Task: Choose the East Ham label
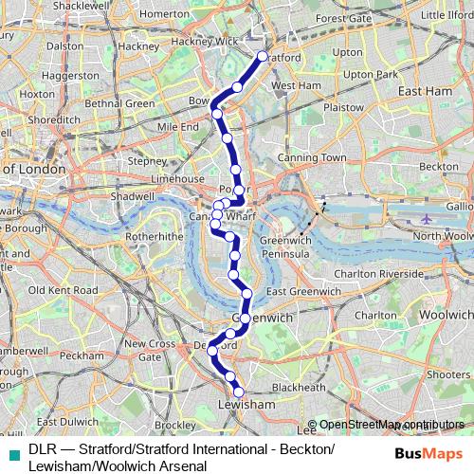coord(423,92)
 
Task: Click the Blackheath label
coord(298,387)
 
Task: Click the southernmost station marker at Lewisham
coord(238,391)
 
